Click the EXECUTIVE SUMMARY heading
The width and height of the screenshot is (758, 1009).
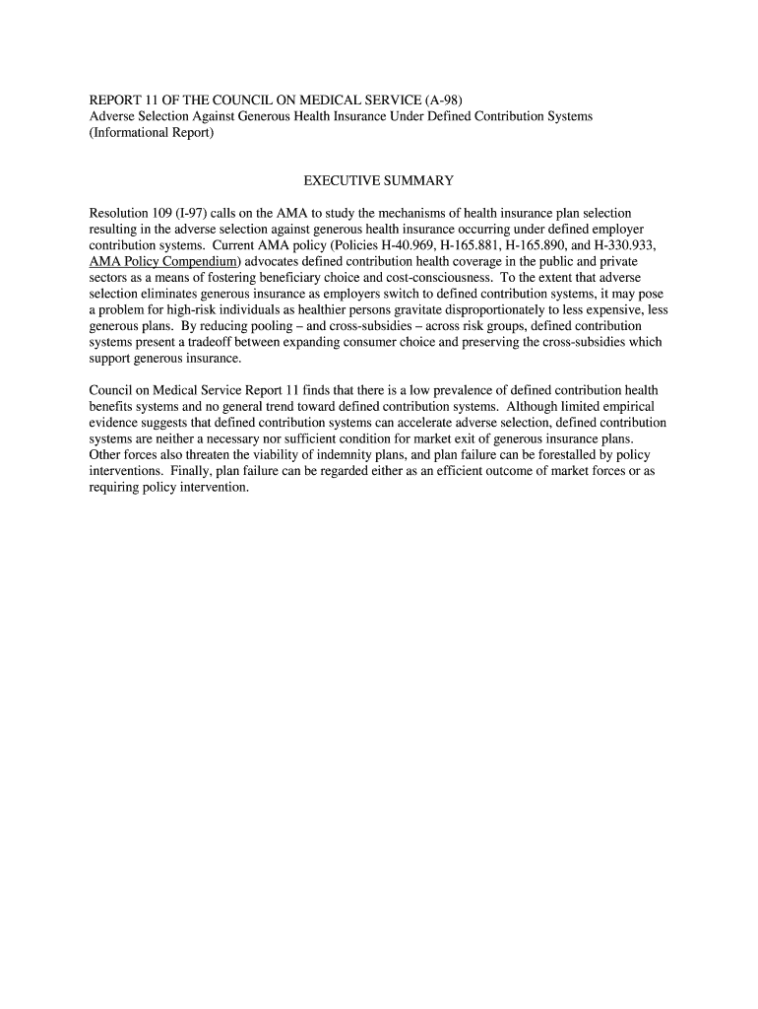click(378, 181)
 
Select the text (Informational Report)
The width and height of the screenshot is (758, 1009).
click(152, 133)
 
